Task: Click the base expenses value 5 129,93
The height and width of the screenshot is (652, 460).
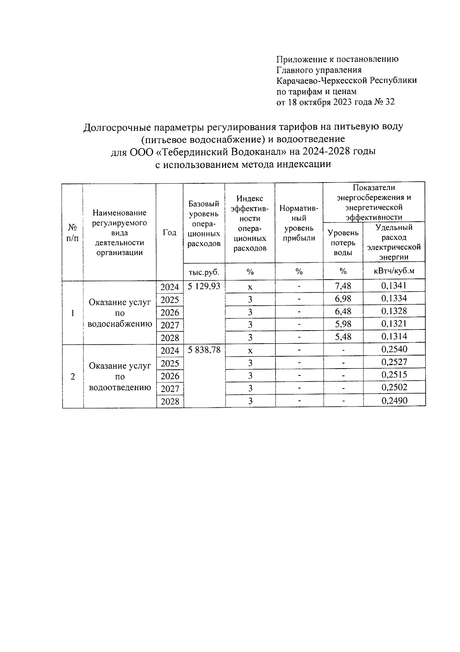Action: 204,286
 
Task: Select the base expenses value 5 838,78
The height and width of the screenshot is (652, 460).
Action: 204,349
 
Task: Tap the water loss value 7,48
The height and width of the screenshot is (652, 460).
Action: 343,286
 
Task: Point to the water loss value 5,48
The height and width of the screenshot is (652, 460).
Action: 343,337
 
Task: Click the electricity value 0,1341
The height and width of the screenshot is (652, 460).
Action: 394,285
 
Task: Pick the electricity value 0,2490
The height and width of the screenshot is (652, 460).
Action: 394,401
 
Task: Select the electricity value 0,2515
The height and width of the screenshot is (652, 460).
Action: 394,375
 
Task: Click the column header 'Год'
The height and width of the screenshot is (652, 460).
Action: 169,232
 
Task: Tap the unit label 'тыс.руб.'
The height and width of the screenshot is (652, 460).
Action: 204,272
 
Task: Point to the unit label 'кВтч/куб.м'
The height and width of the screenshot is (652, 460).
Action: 394,271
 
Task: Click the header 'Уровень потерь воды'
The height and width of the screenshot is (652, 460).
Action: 343,243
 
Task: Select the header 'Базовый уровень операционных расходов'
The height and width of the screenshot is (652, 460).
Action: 204,223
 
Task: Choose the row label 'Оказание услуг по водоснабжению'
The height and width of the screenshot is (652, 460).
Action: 120,313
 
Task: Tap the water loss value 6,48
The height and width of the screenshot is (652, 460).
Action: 343,311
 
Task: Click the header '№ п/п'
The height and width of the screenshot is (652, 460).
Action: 72,232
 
